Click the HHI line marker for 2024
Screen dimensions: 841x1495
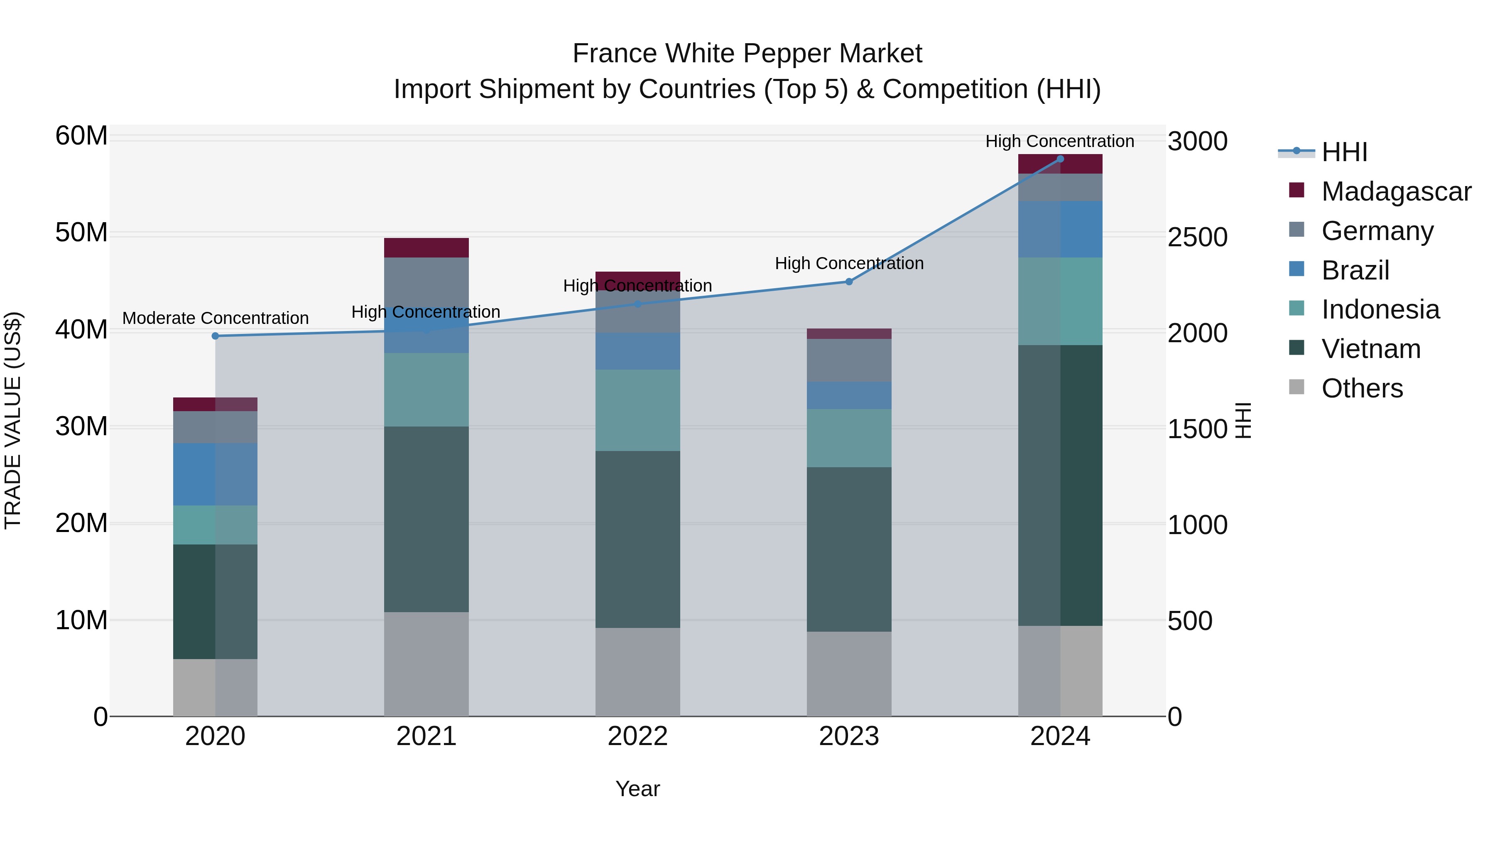(x=1060, y=159)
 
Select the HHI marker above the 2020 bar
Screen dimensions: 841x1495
(x=215, y=336)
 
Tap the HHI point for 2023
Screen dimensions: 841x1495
(x=848, y=282)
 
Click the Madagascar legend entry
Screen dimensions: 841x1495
(x=1396, y=191)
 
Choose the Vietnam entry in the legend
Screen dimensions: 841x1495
(x=1371, y=349)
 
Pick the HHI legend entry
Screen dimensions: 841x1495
(x=1344, y=152)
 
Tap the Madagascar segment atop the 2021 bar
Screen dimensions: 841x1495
(x=426, y=248)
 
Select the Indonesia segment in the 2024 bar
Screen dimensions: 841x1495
(x=1060, y=301)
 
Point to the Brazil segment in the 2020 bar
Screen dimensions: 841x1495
(x=215, y=474)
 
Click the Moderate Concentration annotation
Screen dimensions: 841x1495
(x=215, y=318)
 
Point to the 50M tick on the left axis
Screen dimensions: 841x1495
(x=81, y=233)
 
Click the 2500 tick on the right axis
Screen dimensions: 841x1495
(x=1197, y=238)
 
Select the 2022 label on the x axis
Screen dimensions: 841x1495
(x=637, y=736)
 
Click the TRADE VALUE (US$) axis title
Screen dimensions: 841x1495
(x=13, y=420)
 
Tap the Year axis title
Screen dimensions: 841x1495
(x=637, y=789)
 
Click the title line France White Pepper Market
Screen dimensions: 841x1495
(x=747, y=54)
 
